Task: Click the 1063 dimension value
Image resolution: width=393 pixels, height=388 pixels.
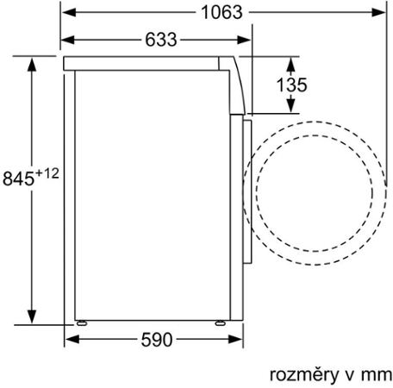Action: (x=221, y=13)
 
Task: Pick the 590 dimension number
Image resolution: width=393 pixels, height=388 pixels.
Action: (x=155, y=339)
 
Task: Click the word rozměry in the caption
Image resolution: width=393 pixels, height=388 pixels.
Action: (x=300, y=373)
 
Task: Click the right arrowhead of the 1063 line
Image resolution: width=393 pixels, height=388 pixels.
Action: (x=378, y=13)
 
